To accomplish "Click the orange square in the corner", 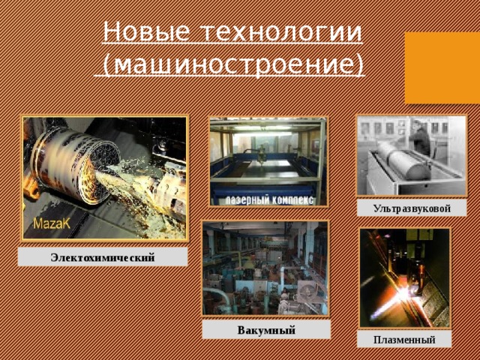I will point(442,67).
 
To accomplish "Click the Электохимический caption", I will point(103,258).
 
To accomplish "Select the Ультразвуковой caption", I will point(412,207).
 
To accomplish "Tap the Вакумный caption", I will point(266,330).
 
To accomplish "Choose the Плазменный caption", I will point(405,340).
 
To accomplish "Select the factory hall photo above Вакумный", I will point(265,268).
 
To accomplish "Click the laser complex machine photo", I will point(268,161).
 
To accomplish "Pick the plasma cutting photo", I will point(405,277).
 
